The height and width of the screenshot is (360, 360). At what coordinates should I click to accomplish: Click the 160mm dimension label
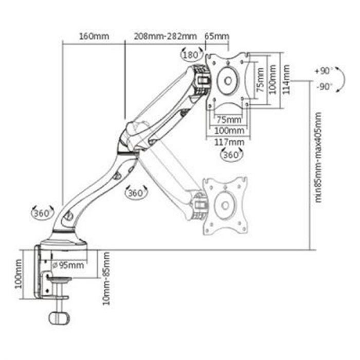click(x=94, y=37)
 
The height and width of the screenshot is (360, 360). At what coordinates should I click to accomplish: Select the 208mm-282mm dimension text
click(x=165, y=37)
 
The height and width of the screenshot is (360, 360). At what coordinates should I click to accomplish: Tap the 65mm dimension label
click(x=217, y=37)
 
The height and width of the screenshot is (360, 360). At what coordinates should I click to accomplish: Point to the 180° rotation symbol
click(x=191, y=54)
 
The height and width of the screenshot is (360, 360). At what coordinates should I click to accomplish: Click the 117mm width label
click(x=230, y=142)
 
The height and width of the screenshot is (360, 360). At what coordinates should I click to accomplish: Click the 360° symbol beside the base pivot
click(x=43, y=213)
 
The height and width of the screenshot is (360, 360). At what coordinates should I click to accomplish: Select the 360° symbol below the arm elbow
click(x=136, y=193)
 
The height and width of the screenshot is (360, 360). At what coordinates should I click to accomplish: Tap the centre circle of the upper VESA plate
click(x=227, y=81)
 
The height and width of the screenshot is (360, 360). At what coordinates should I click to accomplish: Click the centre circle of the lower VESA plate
click(x=225, y=205)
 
